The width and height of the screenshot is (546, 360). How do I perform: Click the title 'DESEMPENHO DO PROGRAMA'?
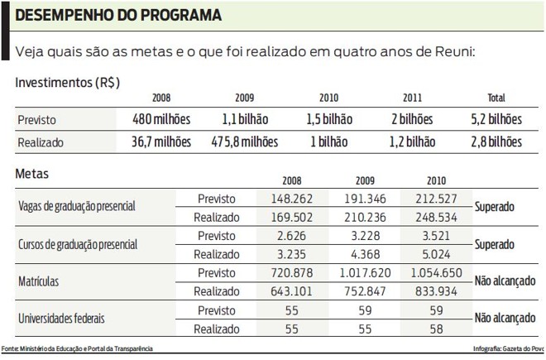coord(119,16)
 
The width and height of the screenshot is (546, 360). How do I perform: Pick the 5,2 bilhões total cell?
coord(496,119)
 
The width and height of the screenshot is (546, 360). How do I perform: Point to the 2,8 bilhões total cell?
coord(496,142)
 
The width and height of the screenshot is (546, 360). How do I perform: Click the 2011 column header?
coord(412,98)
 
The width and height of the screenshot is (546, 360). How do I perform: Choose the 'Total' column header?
coord(496,98)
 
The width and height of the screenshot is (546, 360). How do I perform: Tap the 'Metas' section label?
coord(32,175)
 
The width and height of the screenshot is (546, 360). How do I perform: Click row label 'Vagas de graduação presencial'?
coord(76,207)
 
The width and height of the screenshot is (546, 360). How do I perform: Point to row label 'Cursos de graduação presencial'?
coord(77,246)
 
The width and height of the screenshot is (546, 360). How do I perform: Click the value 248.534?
coord(436,218)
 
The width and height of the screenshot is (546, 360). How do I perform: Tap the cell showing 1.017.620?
coord(365,272)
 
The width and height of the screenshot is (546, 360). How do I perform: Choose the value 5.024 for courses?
coord(436,254)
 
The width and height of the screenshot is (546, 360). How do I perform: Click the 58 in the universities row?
coord(436,329)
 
